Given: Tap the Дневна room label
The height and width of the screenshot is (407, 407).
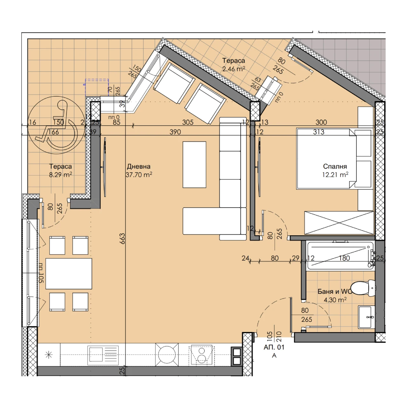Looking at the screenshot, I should click(138, 166).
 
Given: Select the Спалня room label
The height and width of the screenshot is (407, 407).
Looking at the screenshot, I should click(335, 166).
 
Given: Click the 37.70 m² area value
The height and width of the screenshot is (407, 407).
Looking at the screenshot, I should click(139, 175).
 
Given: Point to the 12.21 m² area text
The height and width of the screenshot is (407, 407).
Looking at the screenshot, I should click(335, 175).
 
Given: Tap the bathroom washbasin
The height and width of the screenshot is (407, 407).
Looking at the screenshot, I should click(367, 317).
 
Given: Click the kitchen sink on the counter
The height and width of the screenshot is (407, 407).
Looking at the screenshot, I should click(103, 355).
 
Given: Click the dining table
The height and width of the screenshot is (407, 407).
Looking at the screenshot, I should click(69, 273).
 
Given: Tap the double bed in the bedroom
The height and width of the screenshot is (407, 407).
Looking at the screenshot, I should click(326, 158).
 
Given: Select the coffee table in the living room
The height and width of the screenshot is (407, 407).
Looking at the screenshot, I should click(194, 164).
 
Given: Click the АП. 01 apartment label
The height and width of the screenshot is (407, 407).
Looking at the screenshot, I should click(274, 348).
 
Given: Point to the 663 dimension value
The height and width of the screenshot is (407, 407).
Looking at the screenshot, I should click(123, 239).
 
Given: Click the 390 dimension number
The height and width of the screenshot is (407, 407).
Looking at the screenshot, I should click(175, 132).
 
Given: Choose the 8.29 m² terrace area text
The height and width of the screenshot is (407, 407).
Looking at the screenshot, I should click(60, 175).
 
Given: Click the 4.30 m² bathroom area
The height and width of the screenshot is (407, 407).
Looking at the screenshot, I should click(335, 300).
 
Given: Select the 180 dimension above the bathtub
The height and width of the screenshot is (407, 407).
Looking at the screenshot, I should click(344, 258).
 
